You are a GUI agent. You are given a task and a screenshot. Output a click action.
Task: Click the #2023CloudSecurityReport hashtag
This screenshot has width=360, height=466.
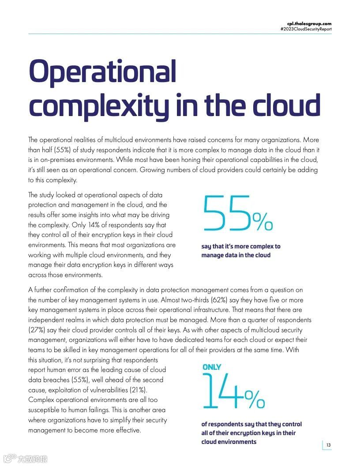(306, 29)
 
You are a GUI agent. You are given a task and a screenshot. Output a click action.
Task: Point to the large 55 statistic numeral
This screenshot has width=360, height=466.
(226, 214)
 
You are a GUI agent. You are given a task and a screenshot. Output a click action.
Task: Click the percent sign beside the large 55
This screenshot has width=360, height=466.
(262, 222)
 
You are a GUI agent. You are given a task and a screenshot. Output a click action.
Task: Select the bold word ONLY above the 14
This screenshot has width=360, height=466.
(212, 367)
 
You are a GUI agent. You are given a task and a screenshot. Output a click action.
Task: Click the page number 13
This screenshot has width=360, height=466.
(328, 445)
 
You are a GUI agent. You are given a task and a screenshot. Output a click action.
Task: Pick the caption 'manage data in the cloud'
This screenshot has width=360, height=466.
(236, 255)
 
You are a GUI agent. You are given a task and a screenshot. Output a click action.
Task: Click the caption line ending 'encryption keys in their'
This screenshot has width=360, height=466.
(248, 433)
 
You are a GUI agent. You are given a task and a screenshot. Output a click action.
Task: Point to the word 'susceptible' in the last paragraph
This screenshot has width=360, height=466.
(45, 410)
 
